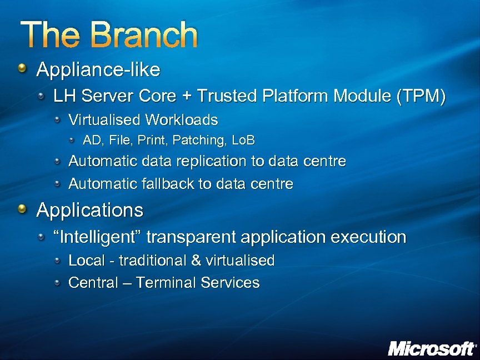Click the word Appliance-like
pos(98,70)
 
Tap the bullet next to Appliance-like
pos(22,69)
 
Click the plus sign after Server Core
pos(187,96)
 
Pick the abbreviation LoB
pos(243,141)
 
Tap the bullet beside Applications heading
pos(22,209)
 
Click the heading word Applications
pos(90,210)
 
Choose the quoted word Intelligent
pos(99,237)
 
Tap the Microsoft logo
pos(432,348)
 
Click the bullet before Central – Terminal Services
pos(58,283)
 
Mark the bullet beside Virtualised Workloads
pos(58,119)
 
